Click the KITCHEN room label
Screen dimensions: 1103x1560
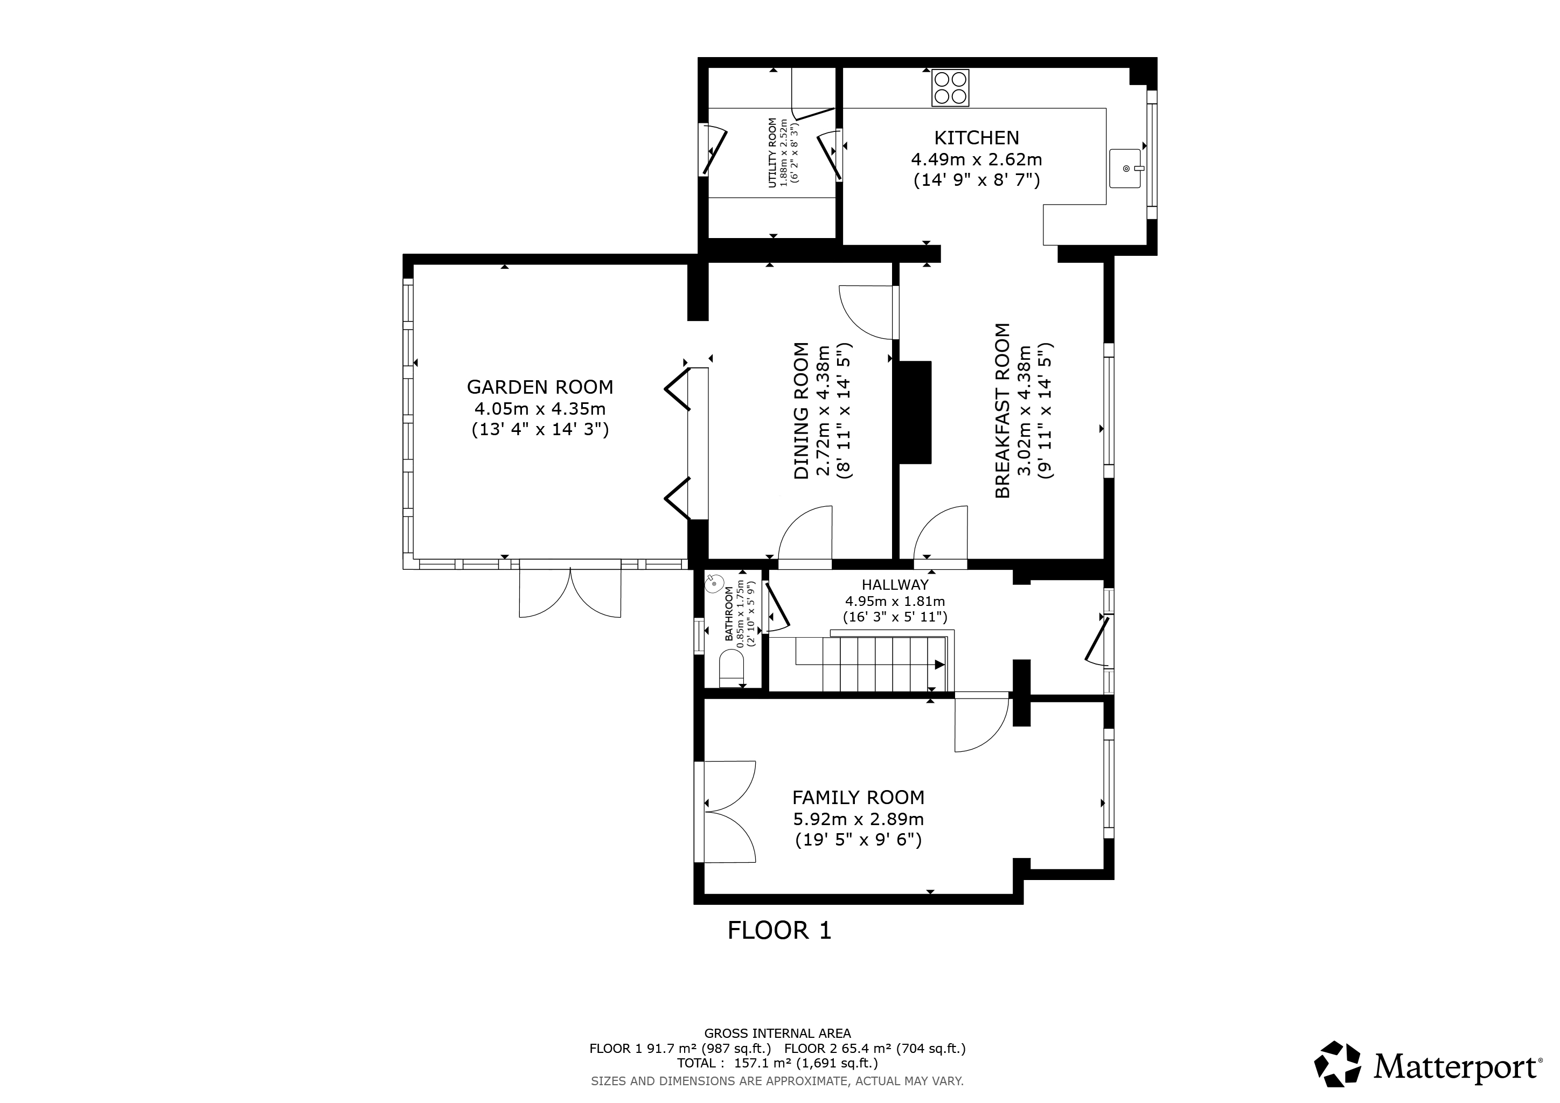click(977, 138)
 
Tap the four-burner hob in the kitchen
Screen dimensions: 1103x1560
click(950, 88)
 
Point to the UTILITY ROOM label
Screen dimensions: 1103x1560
click(772, 153)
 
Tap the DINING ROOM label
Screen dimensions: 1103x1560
click(802, 410)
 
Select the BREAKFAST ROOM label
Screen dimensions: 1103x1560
click(1002, 410)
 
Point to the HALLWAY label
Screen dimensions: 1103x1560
click(894, 585)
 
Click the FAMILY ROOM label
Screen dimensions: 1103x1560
click(858, 798)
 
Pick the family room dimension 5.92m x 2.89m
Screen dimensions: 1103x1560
click(858, 819)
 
